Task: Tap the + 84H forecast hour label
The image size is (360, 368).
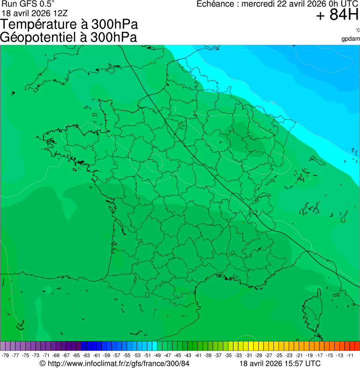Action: tap(337, 15)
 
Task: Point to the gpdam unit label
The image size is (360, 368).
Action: tap(351, 39)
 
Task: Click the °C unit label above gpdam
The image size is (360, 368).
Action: tap(358, 30)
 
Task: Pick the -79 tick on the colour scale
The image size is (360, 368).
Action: tap(6, 356)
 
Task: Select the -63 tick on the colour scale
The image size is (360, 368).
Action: tap(86, 356)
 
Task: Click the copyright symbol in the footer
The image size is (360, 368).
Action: tap(43, 363)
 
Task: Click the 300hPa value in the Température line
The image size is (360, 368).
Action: tap(115, 25)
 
